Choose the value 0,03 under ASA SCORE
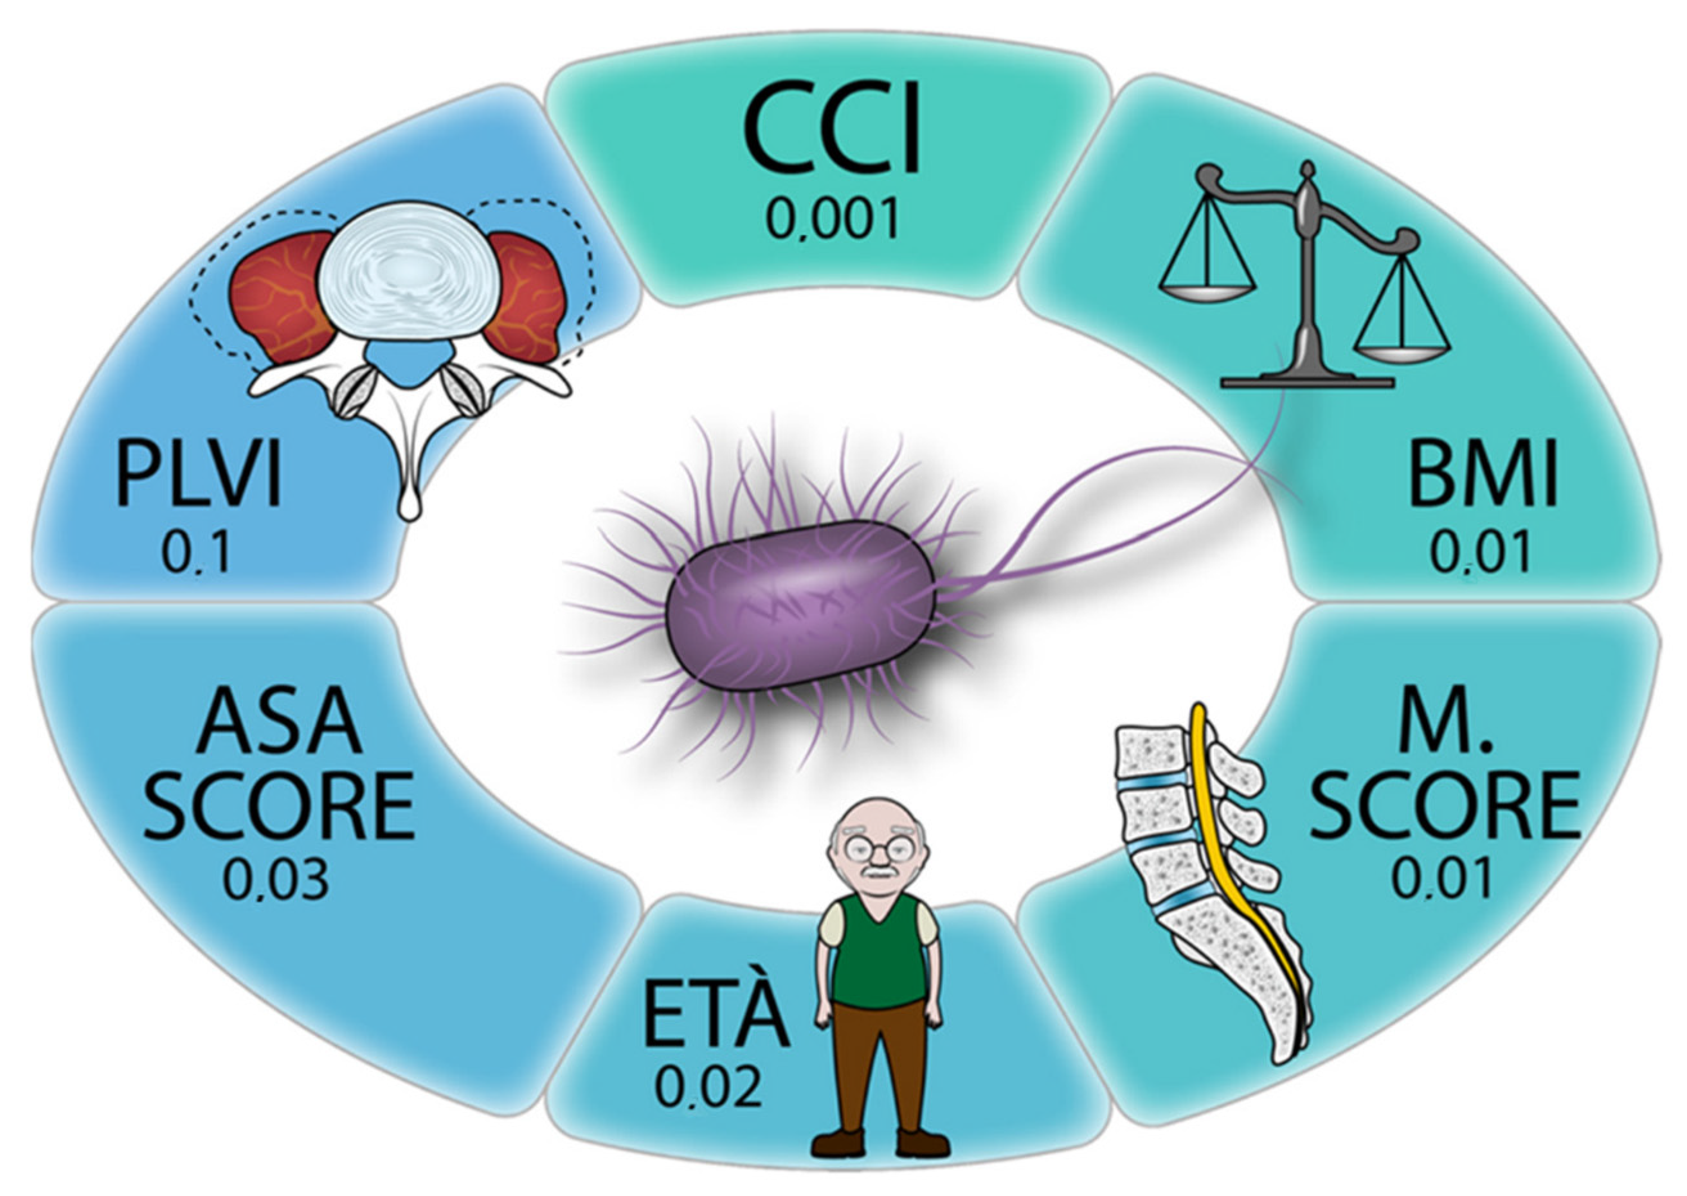276,881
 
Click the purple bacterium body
799,605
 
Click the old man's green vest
877,950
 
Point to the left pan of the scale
1207,291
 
